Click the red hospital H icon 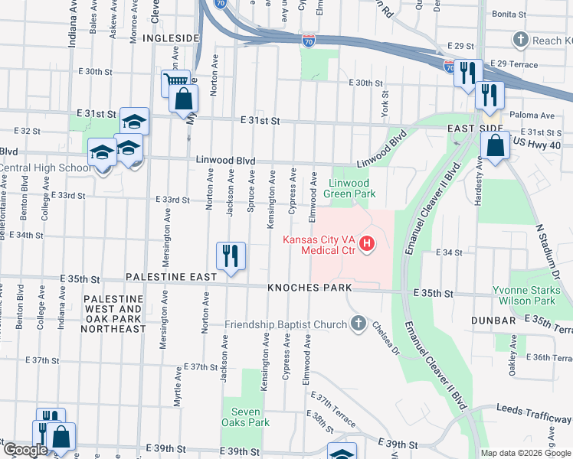(367, 244)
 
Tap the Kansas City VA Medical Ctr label (319, 244)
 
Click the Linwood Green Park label (349, 188)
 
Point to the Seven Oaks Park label (246, 416)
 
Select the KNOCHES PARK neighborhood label (309, 288)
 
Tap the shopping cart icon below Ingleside (175, 82)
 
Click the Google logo (25, 450)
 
